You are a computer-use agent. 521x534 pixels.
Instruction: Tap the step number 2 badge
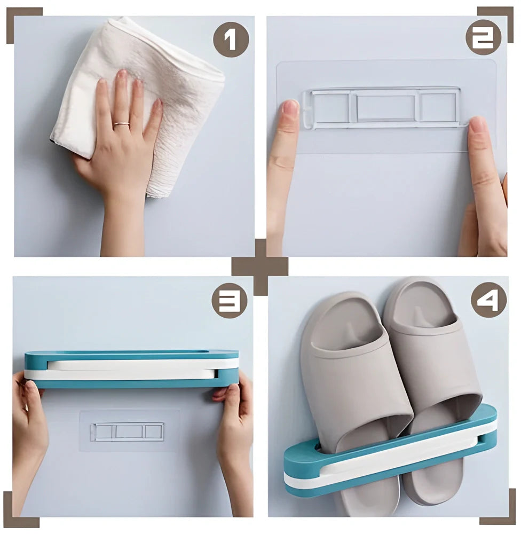[x=483, y=37]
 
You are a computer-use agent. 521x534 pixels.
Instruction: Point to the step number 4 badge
[x=488, y=301]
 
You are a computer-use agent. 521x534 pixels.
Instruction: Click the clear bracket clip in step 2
[x=382, y=107]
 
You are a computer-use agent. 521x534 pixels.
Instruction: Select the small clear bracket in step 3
[x=127, y=431]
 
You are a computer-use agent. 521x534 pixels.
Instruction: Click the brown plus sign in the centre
[x=260, y=266]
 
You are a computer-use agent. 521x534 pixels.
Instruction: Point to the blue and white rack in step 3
[x=131, y=368]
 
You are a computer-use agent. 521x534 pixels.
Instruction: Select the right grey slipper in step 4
[x=432, y=363]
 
